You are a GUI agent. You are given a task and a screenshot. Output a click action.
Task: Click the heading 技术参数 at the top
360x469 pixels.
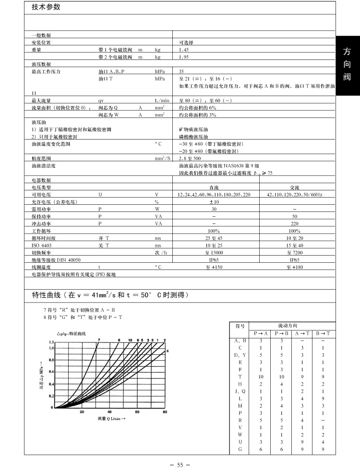[47, 8]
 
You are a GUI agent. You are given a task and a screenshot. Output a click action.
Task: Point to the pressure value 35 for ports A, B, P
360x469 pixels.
[182, 71]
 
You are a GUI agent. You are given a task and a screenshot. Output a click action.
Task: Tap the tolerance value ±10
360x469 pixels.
[214, 202]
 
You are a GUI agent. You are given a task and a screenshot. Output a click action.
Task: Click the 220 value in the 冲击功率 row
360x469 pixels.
[295, 223]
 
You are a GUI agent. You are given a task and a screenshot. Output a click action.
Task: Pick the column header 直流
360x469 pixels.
[214, 188]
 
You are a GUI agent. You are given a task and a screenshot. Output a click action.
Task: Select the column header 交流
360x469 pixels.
[295, 188]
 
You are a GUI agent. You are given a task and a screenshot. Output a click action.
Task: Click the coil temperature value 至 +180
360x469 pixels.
[295, 267]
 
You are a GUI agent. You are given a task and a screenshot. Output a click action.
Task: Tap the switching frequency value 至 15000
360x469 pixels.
[214, 252]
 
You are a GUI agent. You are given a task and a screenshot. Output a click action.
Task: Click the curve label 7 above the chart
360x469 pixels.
[98, 340]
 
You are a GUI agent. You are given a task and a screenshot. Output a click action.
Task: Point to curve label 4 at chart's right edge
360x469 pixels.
[168, 351]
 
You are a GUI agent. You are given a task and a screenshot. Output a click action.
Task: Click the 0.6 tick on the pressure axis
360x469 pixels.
[51, 372]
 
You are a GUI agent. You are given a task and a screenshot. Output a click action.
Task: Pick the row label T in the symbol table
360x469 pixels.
[240, 376]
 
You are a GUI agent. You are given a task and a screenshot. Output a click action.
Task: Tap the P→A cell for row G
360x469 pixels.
[261, 449]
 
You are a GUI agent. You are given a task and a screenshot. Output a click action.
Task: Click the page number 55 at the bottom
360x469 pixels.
[180, 464]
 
